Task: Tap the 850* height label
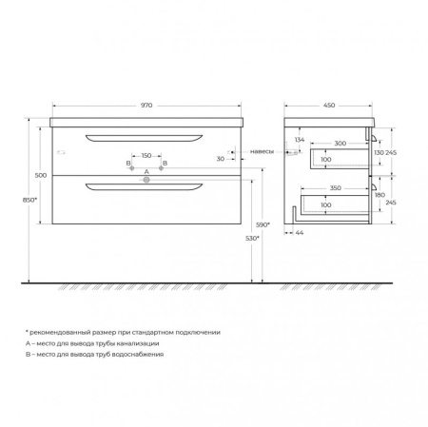(30, 200)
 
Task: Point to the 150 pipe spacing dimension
(146, 156)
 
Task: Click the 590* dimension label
(263, 224)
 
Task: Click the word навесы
(263, 152)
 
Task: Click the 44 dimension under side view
(300, 232)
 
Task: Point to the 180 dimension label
(379, 195)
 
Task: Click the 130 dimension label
(379, 151)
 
